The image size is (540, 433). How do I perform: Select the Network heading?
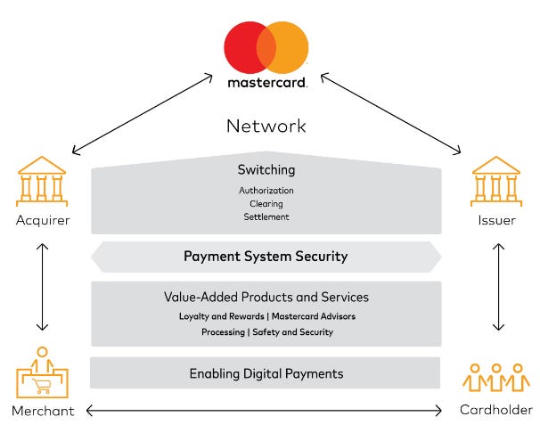coord(266,126)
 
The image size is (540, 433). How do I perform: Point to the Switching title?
coord(266,170)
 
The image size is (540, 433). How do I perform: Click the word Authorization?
coord(266,191)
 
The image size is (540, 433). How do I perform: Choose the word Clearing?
coord(266,204)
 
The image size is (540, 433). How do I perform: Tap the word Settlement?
coord(266,216)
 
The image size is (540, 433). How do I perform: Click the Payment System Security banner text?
coord(266,257)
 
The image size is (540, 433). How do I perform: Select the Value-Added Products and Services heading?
coord(266,297)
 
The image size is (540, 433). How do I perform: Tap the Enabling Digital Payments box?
coord(266,373)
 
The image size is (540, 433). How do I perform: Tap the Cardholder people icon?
coord(495,379)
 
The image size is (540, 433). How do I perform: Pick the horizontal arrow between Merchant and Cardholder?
coord(266,410)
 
